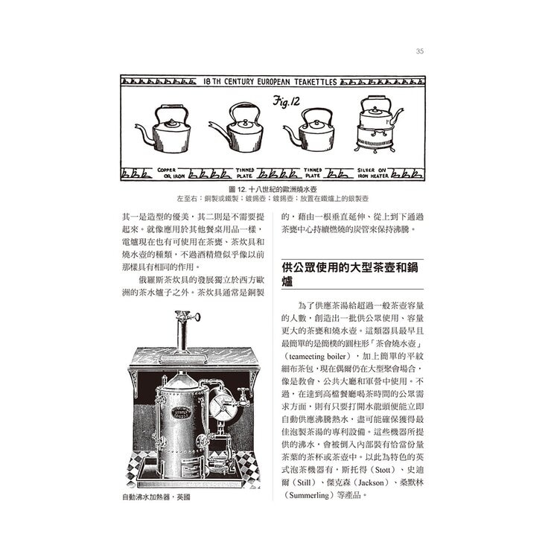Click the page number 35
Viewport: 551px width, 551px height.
[x=420, y=51]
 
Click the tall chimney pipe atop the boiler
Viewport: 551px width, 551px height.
[x=182, y=331]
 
